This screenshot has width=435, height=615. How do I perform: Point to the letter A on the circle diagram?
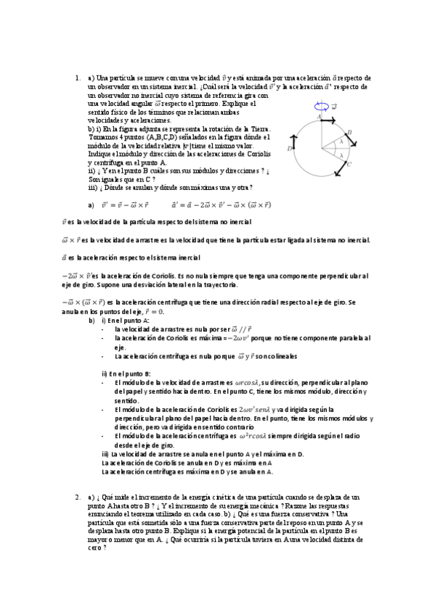(318, 115)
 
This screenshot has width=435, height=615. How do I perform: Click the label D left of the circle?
(290, 148)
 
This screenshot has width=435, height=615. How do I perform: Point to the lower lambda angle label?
(340, 154)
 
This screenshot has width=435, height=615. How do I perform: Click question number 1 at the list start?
(77, 78)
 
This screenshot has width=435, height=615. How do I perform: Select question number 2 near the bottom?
(77, 497)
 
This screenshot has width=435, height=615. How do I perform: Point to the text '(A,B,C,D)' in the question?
(162, 135)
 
